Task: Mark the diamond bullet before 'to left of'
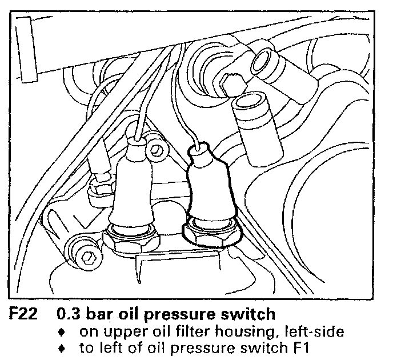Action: [x=68, y=347]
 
